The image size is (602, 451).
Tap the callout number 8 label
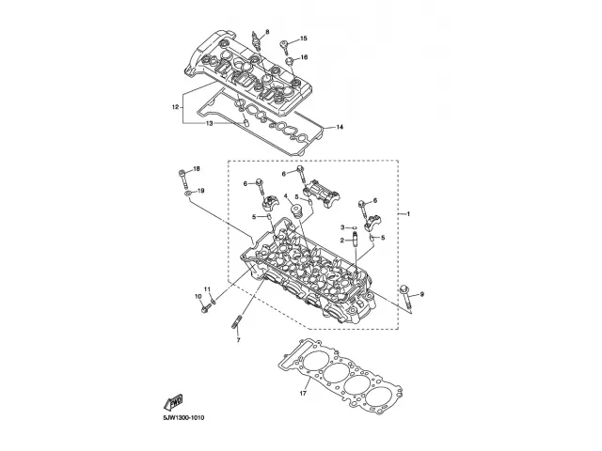pyautogui.click(x=266, y=33)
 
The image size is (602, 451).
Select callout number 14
pyautogui.click(x=341, y=127)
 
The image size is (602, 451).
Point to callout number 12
pyautogui.click(x=175, y=108)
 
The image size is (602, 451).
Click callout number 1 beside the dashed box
pyautogui.click(x=408, y=214)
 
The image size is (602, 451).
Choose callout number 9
pyautogui.click(x=422, y=295)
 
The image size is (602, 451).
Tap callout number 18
pyautogui.click(x=197, y=168)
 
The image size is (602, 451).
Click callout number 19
pyautogui.click(x=201, y=191)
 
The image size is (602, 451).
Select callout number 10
pyautogui.click(x=198, y=297)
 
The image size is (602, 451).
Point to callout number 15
pyautogui.click(x=304, y=39)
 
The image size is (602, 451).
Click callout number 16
pyautogui.click(x=304, y=57)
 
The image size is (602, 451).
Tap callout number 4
pyautogui.click(x=286, y=196)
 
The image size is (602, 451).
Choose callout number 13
pyautogui.click(x=209, y=123)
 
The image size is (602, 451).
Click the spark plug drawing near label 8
pyautogui.click(x=257, y=46)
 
